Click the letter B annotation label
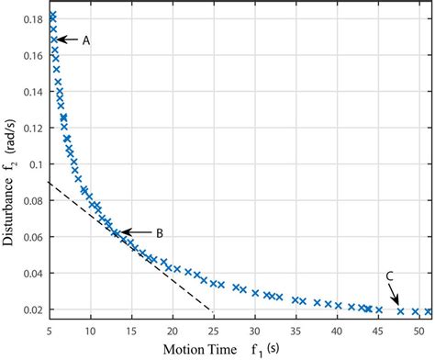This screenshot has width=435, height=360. click(x=159, y=233)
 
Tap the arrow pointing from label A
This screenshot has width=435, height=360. click(x=70, y=39)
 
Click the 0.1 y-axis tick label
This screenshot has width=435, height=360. click(x=37, y=164)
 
